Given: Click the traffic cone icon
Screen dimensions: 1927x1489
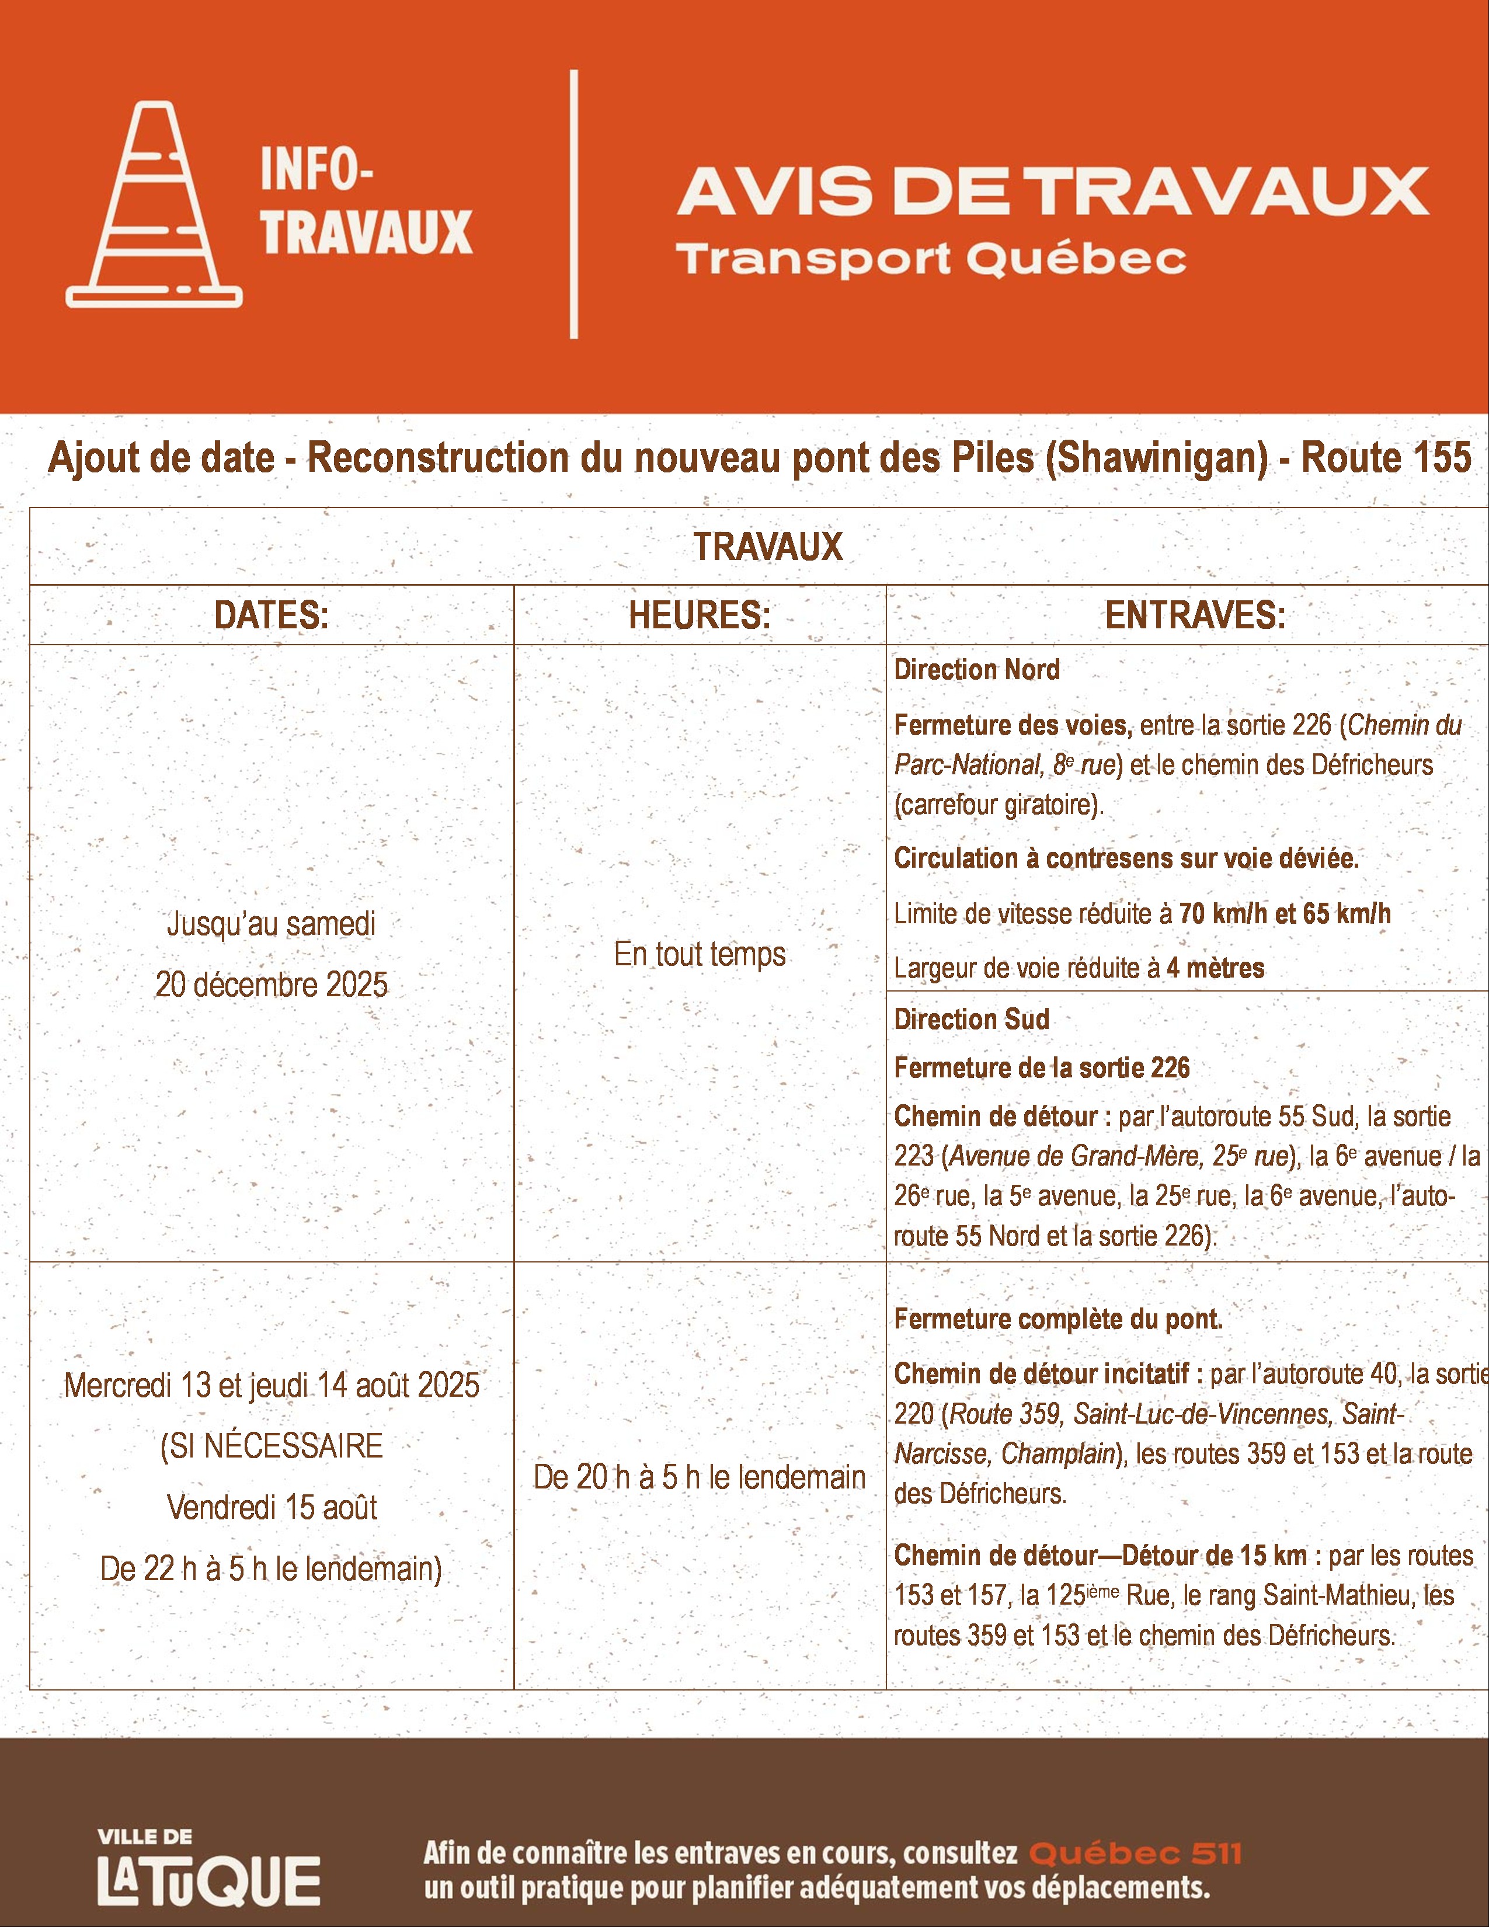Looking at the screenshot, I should (154, 205).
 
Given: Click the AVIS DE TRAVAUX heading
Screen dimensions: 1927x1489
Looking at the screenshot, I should (1052, 192).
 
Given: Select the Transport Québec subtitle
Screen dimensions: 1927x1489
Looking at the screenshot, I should (931, 259).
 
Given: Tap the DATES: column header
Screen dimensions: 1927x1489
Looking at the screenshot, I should (271, 615).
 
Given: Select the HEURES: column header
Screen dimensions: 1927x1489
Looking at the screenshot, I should (700, 615).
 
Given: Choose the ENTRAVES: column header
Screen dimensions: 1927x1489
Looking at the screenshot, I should (1195, 615).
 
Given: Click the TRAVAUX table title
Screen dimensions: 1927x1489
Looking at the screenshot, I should (767, 547).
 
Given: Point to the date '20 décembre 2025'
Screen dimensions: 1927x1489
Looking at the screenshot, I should (272, 985).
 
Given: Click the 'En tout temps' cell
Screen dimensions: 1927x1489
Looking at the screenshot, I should (700, 954).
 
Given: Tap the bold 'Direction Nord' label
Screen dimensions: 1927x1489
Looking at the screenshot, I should (976, 670).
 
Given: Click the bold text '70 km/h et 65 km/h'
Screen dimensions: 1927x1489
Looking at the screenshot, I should (1285, 913).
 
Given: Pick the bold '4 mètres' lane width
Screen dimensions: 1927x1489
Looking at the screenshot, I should (1216, 968).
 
